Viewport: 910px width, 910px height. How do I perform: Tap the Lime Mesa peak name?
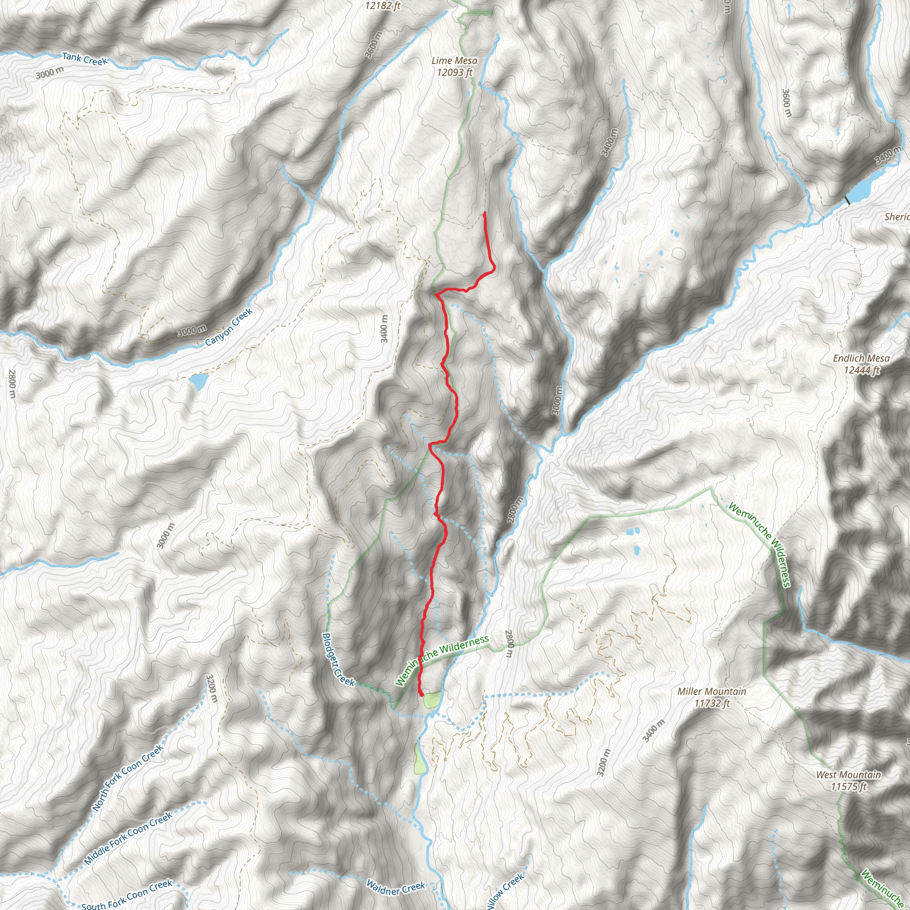[454, 61]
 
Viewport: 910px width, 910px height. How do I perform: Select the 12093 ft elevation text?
[454, 72]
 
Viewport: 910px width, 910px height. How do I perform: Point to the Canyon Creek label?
[229, 327]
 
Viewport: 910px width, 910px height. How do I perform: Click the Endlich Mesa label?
[862, 359]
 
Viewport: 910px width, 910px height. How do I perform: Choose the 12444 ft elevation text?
[862, 370]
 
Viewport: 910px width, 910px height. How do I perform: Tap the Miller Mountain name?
[712, 691]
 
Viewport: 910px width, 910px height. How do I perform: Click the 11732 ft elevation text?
[712, 703]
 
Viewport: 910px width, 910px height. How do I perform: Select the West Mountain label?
[848, 775]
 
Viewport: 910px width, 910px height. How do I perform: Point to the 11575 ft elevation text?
[848, 786]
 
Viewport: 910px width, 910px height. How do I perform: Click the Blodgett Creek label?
[338, 660]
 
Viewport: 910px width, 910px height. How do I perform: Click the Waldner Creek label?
[395, 888]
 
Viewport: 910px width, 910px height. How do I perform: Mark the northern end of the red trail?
[484, 213]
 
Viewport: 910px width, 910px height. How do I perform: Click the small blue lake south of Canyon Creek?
[199, 381]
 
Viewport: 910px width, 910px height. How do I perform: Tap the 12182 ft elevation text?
[383, 6]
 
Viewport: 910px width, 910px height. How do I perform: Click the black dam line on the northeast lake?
[847, 200]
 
